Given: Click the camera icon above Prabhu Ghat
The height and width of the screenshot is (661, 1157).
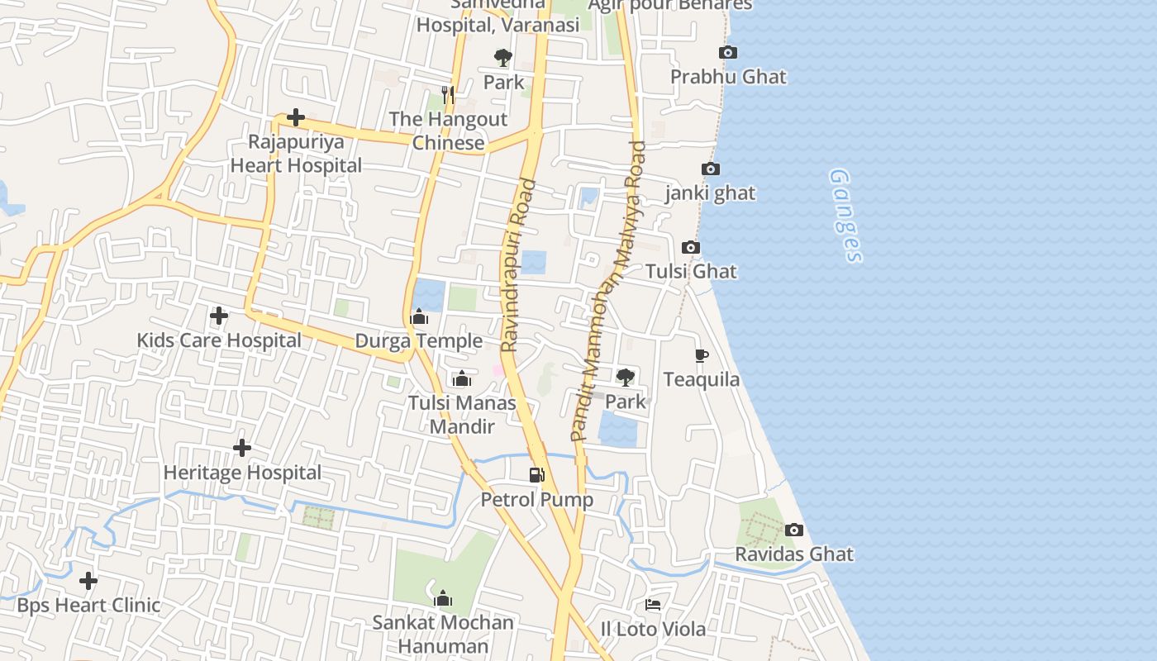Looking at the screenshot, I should pos(728,53).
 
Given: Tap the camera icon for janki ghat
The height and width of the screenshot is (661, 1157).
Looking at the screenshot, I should pos(710,169).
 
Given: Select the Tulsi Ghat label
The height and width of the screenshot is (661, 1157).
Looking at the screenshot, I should pos(691,272).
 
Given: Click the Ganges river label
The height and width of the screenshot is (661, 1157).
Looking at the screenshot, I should pos(845,216).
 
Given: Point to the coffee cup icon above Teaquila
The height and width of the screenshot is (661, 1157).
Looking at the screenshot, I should pos(702,355).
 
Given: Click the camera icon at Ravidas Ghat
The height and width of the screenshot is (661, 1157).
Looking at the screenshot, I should pos(793,530).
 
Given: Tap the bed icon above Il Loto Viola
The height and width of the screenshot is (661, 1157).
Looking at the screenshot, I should pos(653,605).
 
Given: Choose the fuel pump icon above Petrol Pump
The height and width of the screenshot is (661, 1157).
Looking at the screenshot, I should pos(537,475).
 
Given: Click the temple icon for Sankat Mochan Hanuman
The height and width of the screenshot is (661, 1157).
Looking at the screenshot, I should pos(443,597).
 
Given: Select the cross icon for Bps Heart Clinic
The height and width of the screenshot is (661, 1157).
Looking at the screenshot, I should pos(88,581).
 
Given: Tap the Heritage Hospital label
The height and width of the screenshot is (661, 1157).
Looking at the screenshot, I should pos(242,473).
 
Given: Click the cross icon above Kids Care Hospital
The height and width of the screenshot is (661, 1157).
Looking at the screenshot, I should pos(219,316).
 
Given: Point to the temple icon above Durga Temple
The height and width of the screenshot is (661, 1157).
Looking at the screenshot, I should pos(419,316).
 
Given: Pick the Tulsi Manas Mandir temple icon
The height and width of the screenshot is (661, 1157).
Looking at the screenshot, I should pos(462,378).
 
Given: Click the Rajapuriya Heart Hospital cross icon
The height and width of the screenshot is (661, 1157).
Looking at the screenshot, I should pos(295,117).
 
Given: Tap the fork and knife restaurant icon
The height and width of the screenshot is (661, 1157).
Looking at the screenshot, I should pos(448,94).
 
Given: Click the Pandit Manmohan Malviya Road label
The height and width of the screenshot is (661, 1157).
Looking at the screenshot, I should pos(608,289).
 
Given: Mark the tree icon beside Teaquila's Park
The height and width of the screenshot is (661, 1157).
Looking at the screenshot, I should pos(626,378).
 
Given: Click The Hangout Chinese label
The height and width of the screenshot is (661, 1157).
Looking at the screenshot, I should pos(448,131).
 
